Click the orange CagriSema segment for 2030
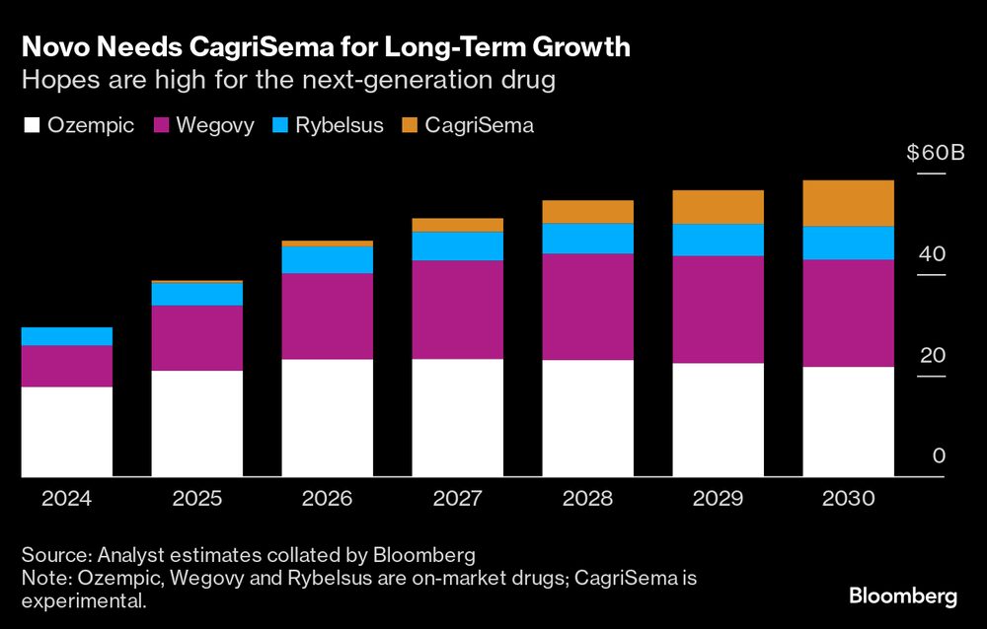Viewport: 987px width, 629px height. coord(848,203)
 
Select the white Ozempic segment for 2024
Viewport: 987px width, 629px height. coord(66,432)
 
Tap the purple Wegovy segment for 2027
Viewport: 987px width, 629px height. coord(457,310)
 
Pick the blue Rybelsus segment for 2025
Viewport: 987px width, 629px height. coord(196,294)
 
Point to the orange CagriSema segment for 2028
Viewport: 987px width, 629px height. coord(587,212)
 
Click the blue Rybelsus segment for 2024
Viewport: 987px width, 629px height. coord(66,336)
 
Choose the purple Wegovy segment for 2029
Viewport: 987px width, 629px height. coord(718,310)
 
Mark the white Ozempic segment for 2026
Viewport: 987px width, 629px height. coord(327,418)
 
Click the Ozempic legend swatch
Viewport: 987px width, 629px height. coord(32,125)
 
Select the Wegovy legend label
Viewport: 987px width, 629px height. coord(214,125)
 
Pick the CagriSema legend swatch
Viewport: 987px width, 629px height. coord(411,125)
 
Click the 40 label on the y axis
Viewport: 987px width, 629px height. coord(932,254)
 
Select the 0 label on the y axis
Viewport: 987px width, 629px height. coord(939,455)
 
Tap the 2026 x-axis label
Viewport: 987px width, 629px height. coord(327,499)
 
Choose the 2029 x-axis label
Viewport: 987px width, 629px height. coord(718,499)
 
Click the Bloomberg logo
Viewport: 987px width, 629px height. coord(902,596)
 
